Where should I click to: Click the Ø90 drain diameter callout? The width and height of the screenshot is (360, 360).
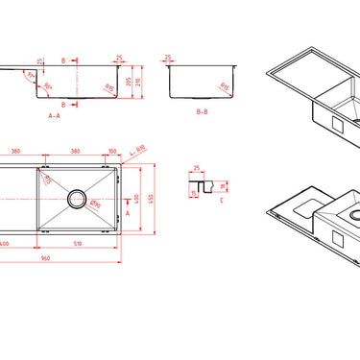(93, 202)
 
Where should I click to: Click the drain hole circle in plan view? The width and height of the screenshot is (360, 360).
(76, 200)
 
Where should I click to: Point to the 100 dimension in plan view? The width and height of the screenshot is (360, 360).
(111, 151)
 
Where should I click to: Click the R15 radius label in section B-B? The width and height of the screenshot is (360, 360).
(223, 86)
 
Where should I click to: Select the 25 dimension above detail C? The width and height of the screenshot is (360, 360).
(197, 168)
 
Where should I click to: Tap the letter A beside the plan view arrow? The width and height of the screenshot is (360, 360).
(129, 214)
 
